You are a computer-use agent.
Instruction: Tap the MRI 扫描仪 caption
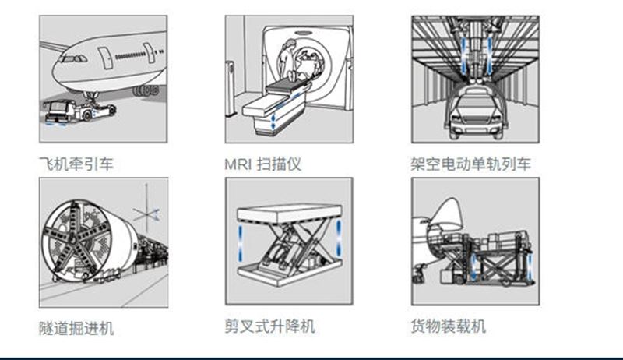[262, 164]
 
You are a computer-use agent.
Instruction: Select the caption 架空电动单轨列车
[470, 164]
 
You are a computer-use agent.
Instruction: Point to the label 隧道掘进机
[76, 328]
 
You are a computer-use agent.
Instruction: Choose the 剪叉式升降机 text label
[270, 326]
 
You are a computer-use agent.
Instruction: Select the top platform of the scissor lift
[289, 211]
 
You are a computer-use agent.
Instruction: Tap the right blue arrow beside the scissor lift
[340, 237]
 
